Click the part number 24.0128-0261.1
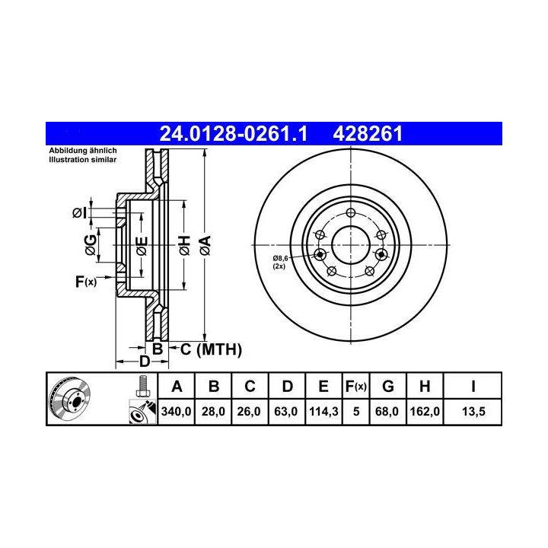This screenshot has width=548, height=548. coord(233,134)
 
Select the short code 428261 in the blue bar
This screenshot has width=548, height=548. coord(368,134)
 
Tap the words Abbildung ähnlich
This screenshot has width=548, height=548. coord(83,151)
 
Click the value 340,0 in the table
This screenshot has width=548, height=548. coord(176,411)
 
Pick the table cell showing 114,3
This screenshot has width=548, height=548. coord(323,411)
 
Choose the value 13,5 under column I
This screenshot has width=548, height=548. coord(473,411)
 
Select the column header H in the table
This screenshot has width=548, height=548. coord(425,387)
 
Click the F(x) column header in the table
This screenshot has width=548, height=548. coord(355,387)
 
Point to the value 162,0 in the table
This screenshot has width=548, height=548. coord(425,411)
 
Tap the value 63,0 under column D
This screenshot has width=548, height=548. coord(286,411)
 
